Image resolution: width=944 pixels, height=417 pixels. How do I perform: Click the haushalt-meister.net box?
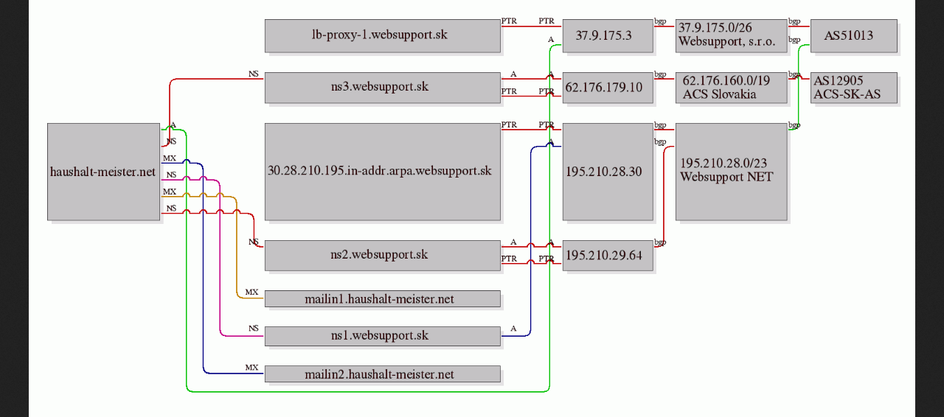point(104,172)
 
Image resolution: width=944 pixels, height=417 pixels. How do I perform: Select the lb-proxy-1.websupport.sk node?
point(383,36)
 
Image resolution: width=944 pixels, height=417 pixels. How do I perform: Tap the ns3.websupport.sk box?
point(383,88)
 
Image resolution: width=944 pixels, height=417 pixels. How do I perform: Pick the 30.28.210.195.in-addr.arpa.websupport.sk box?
point(383,172)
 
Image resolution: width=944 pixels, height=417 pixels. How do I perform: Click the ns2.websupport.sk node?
point(383,256)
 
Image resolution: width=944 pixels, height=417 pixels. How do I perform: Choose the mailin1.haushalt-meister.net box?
point(383,298)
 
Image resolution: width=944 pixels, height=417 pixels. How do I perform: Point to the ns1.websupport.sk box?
point(383,336)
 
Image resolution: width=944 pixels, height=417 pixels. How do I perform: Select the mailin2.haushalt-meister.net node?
point(383,374)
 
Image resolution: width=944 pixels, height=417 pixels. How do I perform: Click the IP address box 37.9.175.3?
point(608,36)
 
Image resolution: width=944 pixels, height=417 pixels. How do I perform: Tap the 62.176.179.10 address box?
point(608,88)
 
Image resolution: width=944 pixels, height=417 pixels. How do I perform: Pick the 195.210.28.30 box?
point(608,172)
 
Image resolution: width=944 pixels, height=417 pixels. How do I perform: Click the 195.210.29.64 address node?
point(608,256)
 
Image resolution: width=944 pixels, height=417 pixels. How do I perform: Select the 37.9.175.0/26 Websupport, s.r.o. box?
point(731,36)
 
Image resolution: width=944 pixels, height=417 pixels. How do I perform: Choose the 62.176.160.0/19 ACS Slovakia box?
point(731,88)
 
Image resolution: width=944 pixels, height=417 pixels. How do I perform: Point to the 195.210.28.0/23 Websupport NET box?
point(731,172)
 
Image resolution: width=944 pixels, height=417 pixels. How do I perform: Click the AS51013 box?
point(854,36)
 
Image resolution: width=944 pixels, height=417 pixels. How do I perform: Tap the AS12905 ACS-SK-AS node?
point(854,88)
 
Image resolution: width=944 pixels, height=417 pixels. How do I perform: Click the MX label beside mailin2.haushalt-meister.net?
point(251,368)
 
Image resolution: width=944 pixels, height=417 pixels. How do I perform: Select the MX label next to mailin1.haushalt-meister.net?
point(251,292)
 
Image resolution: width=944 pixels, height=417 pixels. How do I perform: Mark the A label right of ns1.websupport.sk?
point(513,329)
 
